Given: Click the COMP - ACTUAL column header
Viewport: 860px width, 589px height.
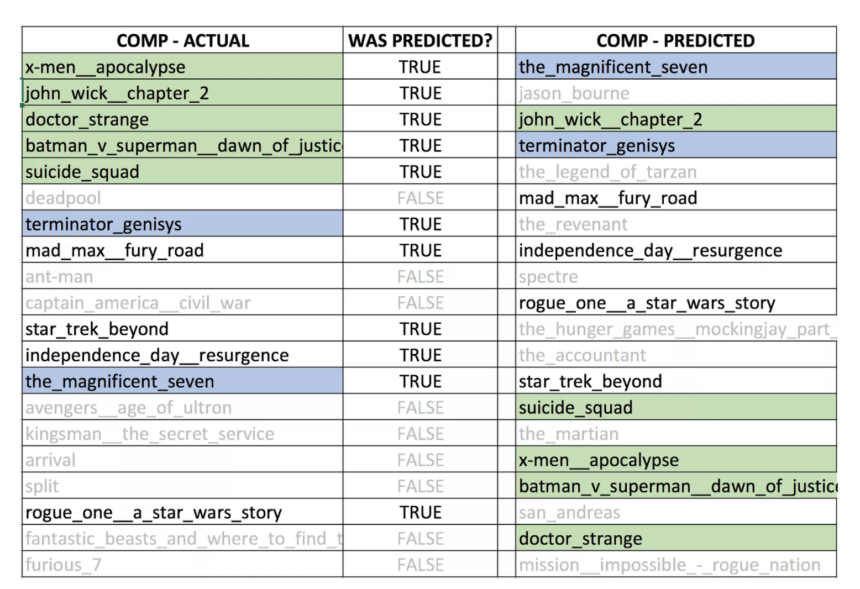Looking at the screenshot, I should [182, 40].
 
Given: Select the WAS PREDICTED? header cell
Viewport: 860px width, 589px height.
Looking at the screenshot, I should [420, 40].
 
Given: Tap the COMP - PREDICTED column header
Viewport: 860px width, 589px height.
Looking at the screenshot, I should [675, 40].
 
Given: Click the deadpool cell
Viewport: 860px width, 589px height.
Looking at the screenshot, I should [64, 198].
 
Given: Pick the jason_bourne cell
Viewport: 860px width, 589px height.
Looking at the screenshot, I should [574, 93].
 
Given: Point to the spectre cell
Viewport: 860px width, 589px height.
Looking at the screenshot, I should [548, 277].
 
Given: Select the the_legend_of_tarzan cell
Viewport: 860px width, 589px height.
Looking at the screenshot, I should [607, 172].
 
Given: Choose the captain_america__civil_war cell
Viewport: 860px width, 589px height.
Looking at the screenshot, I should [138, 303].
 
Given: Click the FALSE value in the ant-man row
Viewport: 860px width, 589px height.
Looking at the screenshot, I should [420, 277].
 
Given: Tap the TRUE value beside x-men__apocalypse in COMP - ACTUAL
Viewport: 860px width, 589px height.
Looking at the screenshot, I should [420, 67].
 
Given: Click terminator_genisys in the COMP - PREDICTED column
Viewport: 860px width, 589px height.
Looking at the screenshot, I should [597, 146].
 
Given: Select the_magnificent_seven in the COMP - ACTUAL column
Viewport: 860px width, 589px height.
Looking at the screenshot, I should [120, 381].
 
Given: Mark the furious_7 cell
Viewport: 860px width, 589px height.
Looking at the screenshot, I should [64, 565].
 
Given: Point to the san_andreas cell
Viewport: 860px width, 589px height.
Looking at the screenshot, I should [569, 512].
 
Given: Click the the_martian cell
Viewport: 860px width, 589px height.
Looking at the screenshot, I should [569, 434].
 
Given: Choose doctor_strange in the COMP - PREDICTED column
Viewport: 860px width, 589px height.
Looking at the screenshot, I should [580, 539].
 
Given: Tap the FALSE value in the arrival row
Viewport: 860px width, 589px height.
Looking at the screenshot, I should [420, 460].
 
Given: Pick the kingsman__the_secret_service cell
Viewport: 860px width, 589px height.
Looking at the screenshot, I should [150, 434].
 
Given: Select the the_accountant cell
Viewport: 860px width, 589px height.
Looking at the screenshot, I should [582, 355].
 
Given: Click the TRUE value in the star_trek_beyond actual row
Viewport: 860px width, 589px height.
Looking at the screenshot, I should [420, 329].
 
